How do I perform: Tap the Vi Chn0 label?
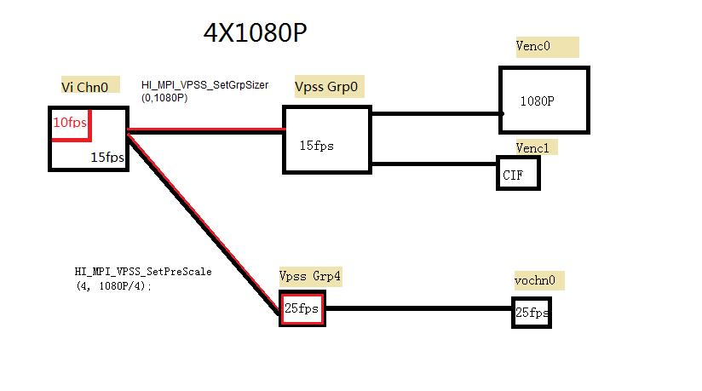(84, 86)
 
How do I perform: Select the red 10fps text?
(70, 123)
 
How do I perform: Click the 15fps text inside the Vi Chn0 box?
(107, 158)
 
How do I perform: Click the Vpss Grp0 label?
(325, 86)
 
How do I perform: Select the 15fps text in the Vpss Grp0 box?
(317, 146)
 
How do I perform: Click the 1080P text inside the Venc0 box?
(538, 101)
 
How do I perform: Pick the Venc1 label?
(534, 147)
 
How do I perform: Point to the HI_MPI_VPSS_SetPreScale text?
(143, 272)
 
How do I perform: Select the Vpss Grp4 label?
(310, 275)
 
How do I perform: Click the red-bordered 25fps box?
(302, 308)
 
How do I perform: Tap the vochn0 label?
(538, 279)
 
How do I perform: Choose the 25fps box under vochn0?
(532, 313)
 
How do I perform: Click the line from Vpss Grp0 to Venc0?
(434, 112)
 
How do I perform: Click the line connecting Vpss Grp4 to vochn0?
(417, 308)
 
